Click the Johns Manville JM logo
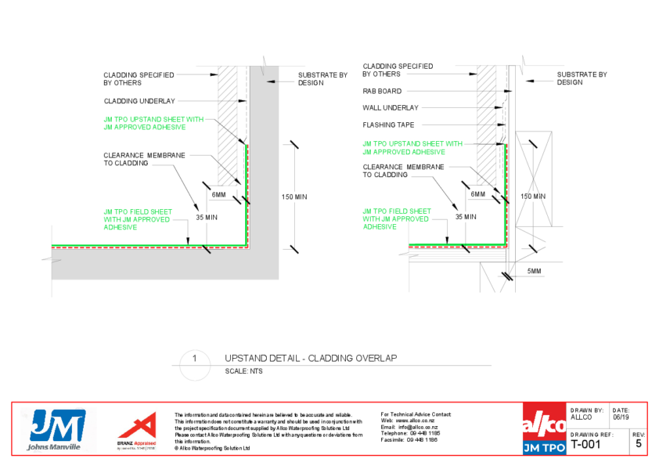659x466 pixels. pyautogui.click(x=57, y=427)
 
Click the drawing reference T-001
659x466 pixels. pyautogui.click(x=587, y=444)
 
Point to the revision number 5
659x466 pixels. pyautogui.click(x=638, y=444)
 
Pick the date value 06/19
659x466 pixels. pyautogui.click(x=620, y=417)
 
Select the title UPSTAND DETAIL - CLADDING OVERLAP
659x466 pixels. pyautogui.click(x=311, y=358)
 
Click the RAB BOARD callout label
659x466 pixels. pyautogui.click(x=382, y=91)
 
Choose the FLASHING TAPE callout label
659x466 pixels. pyautogui.click(x=388, y=125)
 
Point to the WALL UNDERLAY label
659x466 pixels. pyautogui.click(x=390, y=107)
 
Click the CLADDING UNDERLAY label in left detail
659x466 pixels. pyautogui.click(x=139, y=101)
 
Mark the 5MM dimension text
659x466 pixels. pyautogui.click(x=535, y=271)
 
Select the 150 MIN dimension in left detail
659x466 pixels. pyautogui.click(x=294, y=197)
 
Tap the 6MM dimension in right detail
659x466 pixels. pyautogui.click(x=477, y=193)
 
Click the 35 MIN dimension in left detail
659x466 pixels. pyautogui.click(x=207, y=217)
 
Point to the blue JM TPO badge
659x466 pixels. pyautogui.click(x=544, y=447)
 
